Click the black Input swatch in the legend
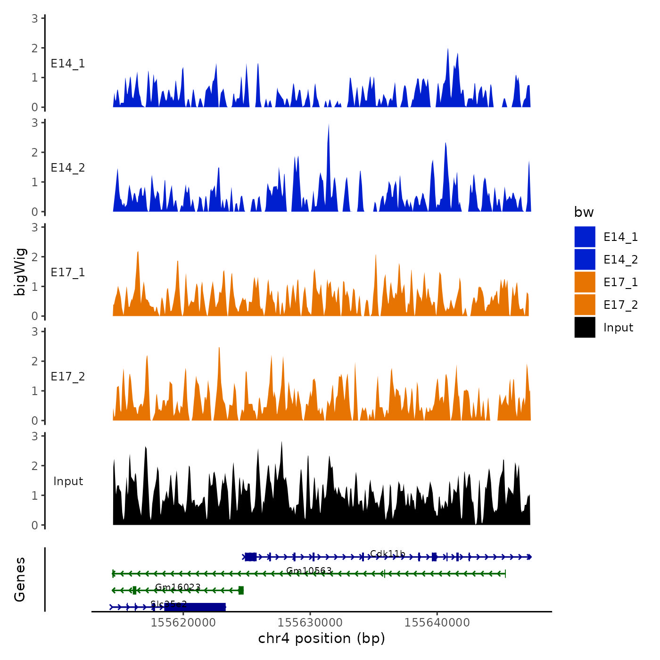585,328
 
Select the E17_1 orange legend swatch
585,282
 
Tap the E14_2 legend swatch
585,260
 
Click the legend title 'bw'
584,213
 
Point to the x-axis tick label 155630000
310,623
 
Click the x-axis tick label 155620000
183,623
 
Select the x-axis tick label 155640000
437,623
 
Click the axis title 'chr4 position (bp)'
322,639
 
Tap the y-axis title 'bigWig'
20,272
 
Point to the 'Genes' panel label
20,579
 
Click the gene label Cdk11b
388,553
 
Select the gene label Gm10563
309,571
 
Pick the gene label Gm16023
178,587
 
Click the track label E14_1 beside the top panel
68,64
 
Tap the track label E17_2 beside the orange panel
68,377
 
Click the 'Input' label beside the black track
68,481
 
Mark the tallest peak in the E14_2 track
329,125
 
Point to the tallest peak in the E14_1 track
447,49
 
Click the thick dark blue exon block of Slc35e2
195,607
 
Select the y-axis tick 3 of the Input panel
34,436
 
